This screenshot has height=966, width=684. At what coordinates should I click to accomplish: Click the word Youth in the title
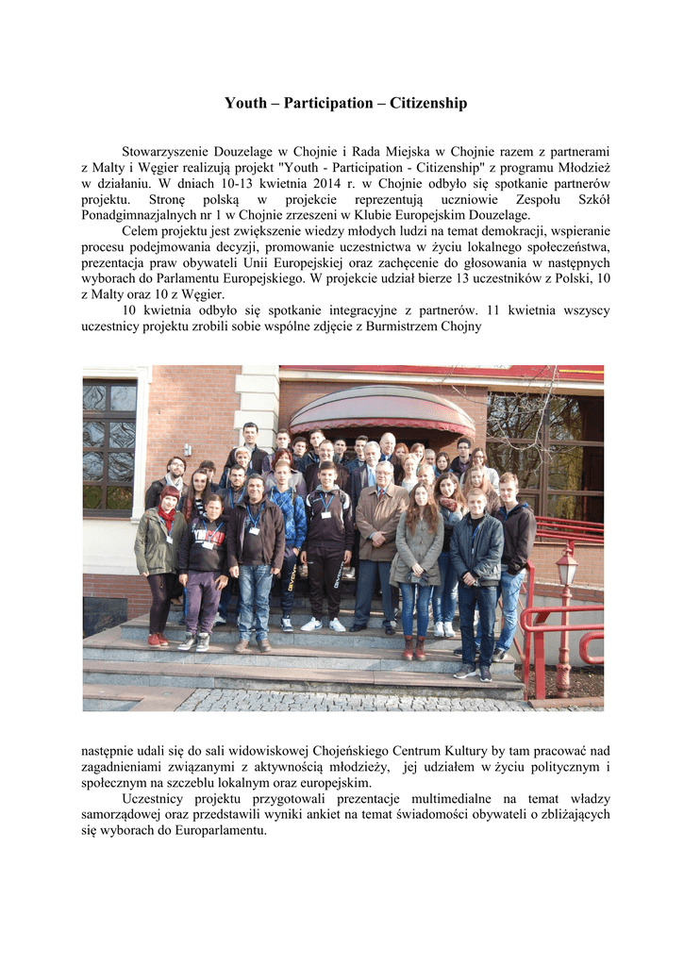point(245,103)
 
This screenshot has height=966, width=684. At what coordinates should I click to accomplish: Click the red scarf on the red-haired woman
point(167,517)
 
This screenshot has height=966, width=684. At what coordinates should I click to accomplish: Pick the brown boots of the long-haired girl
point(413,648)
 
